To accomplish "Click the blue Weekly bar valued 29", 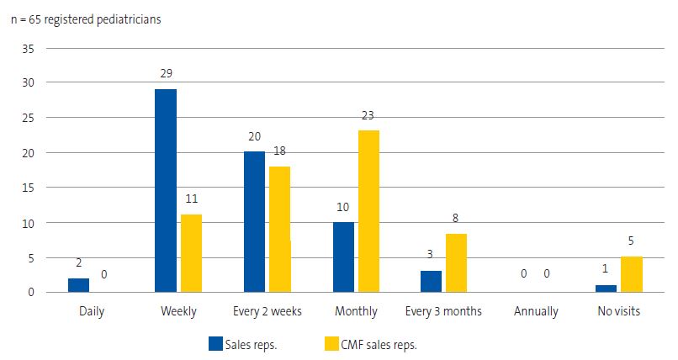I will click(x=166, y=191).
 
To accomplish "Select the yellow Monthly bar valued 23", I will click(x=368, y=211).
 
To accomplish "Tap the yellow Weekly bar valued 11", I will click(x=191, y=253).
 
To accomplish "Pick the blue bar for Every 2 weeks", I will click(x=254, y=222).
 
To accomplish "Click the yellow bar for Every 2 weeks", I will click(x=279, y=229).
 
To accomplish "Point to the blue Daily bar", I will click(x=78, y=285).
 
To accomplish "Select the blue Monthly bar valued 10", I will click(x=343, y=257).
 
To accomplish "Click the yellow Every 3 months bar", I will click(x=457, y=263).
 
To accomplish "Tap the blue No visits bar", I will click(x=606, y=289).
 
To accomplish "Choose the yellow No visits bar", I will click(x=631, y=274).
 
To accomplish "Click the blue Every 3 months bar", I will click(x=432, y=281).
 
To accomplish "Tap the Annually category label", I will click(x=536, y=311).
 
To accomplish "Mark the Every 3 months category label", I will click(x=443, y=311).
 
